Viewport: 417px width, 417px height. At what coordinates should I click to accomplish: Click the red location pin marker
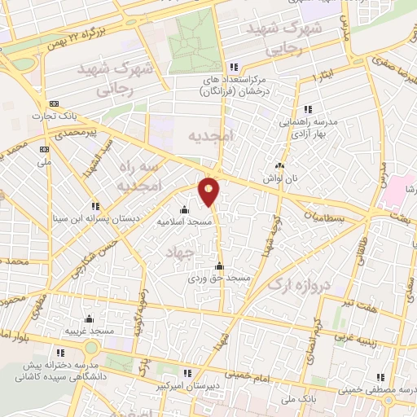[x=210, y=192]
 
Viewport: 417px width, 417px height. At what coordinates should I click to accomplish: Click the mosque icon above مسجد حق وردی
[x=218, y=266]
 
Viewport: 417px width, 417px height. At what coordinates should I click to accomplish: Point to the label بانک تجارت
[x=48, y=116]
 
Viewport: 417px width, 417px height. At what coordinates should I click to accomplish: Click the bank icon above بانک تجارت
[x=55, y=103]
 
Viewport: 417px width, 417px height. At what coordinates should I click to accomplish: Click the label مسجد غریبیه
[x=90, y=332]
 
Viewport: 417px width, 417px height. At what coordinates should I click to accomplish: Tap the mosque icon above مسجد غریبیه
[x=88, y=319]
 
